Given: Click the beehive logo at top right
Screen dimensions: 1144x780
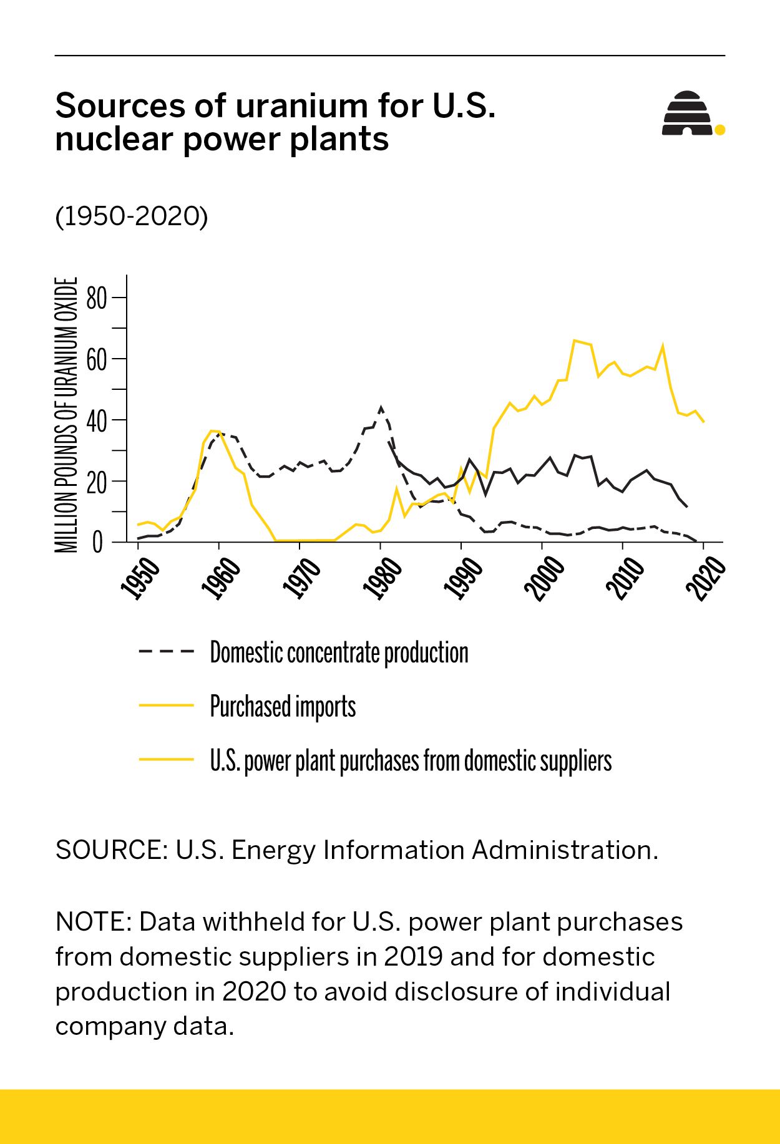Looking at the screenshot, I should [686, 114].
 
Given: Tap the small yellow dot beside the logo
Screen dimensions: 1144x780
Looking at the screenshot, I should [719, 130].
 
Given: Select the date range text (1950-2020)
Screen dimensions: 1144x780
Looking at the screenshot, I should [132, 216].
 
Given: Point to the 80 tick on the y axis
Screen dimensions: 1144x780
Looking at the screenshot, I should [97, 298].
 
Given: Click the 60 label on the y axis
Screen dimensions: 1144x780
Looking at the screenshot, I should [97, 359].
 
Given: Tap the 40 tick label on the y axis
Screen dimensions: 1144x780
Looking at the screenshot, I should [97, 420].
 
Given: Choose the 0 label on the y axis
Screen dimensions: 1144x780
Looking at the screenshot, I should [97, 542].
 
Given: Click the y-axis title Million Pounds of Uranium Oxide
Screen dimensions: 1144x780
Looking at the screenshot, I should [67, 415].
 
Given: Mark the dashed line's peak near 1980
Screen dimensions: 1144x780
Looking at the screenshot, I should [381, 408].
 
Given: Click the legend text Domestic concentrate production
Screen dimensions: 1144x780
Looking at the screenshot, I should [339, 652].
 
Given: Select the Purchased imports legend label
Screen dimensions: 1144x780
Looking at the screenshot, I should [283, 706].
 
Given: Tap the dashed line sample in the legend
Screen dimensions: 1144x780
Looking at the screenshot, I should [166, 651].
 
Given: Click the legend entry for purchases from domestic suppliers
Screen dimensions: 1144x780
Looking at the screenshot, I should [411, 760].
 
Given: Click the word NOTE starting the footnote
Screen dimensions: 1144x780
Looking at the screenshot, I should [92, 921].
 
